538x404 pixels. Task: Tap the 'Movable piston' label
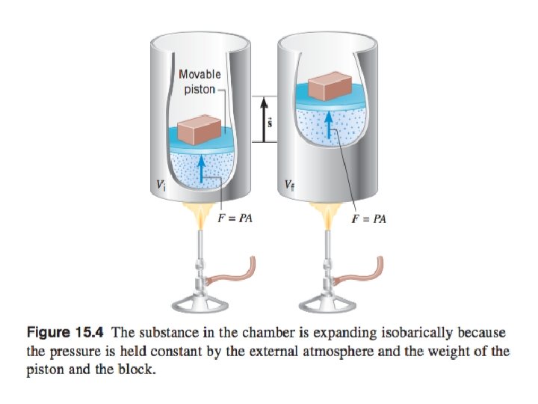click(x=200, y=82)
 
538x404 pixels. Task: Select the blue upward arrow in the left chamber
click(x=202, y=167)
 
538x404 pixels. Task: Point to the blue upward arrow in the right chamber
click(x=333, y=120)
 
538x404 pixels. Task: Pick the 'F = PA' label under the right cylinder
click(x=370, y=218)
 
